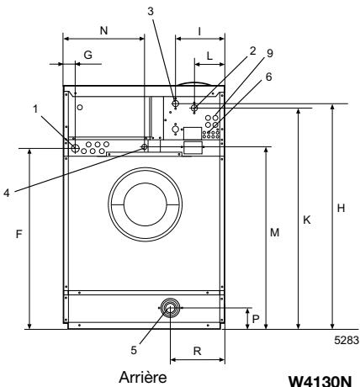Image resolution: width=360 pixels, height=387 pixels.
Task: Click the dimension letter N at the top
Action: (x=103, y=30)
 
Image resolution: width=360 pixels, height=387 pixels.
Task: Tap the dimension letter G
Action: (x=88, y=55)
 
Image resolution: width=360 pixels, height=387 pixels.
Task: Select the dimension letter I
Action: (x=199, y=32)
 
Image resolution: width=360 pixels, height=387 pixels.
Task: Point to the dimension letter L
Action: (x=209, y=56)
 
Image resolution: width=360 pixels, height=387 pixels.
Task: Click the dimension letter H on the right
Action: (x=341, y=208)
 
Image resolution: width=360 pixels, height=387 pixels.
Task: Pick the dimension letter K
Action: (x=307, y=220)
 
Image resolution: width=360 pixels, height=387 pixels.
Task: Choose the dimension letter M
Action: (x=275, y=232)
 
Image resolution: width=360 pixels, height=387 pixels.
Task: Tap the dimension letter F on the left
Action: (x=19, y=234)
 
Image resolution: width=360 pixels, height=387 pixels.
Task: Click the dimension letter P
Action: (x=256, y=319)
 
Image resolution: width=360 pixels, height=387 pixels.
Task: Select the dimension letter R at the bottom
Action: (x=198, y=351)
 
